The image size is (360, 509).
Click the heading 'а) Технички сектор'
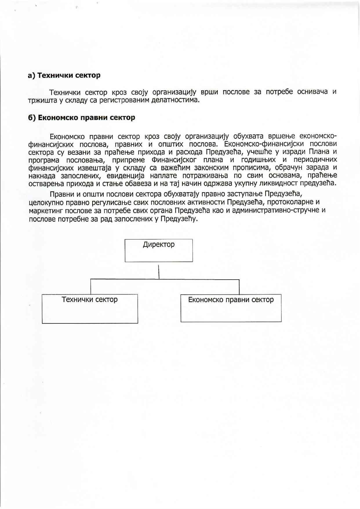click(64, 75)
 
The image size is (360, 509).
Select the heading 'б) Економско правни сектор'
click(81, 118)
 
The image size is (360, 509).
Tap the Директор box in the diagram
click(159, 250)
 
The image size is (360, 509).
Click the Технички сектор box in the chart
click(90, 309)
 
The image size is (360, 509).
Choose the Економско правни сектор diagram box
click(231, 308)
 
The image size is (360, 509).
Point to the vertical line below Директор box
click(159, 271)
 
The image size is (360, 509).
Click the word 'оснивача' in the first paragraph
click(312, 92)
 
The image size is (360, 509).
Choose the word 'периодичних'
click(315, 160)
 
